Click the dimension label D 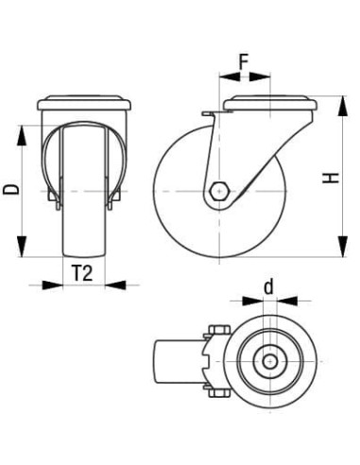click(11, 189)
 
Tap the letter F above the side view click(244, 64)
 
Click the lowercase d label click(268, 286)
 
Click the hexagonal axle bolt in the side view click(218, 189)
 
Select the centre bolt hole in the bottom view click(269, 360)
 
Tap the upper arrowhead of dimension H click(338, 101)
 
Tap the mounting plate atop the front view click(84, 103)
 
